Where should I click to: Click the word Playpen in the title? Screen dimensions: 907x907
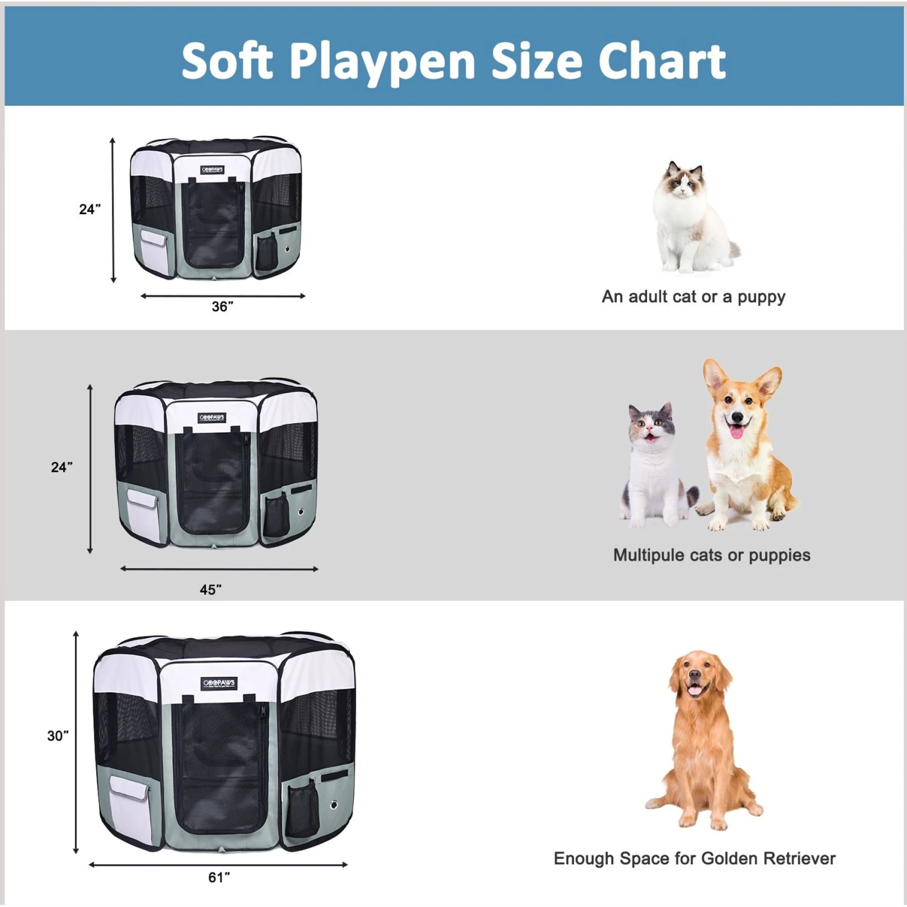[382, 62]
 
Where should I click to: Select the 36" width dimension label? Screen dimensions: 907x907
[222, 307]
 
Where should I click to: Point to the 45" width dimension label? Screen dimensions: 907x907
[210, 590]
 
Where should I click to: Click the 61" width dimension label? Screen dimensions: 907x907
[219, 877]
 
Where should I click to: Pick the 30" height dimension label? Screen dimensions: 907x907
[58, 736]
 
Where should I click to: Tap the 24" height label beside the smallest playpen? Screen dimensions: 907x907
[89, 209]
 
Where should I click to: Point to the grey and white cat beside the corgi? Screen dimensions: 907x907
[654, 466]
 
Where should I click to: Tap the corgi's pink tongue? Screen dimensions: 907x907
[736, 431]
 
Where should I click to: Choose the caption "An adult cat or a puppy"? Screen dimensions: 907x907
[693, 297]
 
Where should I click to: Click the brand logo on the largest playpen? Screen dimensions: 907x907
[219, 683]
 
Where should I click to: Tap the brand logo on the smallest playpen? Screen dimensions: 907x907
[212, 170]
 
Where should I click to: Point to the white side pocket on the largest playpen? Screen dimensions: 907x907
[129, 807]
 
